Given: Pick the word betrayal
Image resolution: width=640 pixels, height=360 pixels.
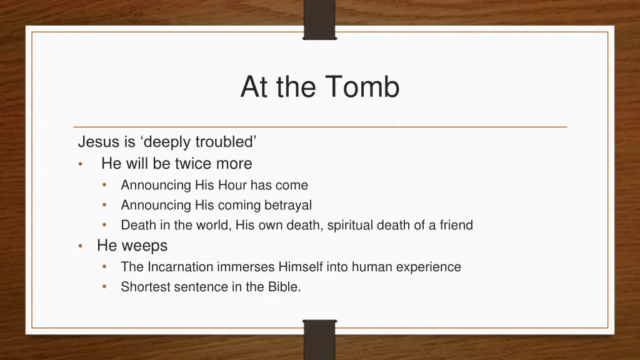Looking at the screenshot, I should [287, 205].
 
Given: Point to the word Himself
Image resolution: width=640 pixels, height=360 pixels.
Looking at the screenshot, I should [301, 267].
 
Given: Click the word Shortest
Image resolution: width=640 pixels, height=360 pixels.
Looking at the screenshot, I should [144, 287].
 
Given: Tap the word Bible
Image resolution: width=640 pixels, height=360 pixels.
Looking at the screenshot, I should [283, 287].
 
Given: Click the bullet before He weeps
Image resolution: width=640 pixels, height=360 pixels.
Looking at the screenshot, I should [80, 247].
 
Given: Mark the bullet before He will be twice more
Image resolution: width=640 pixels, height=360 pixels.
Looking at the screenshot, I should [80, 165].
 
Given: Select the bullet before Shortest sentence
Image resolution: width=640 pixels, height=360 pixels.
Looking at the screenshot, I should [106, 287].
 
